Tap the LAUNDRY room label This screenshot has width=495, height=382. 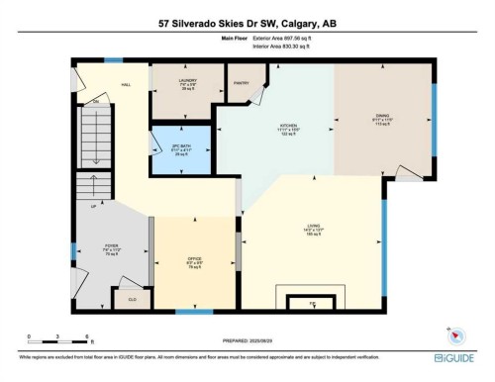tap(187, 81)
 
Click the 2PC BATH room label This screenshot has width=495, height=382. tap(181, 147)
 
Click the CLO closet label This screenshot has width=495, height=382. tap(131, 296)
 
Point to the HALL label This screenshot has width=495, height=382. tap(127, 84)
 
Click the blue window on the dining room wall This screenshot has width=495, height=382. tap(434, 109)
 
